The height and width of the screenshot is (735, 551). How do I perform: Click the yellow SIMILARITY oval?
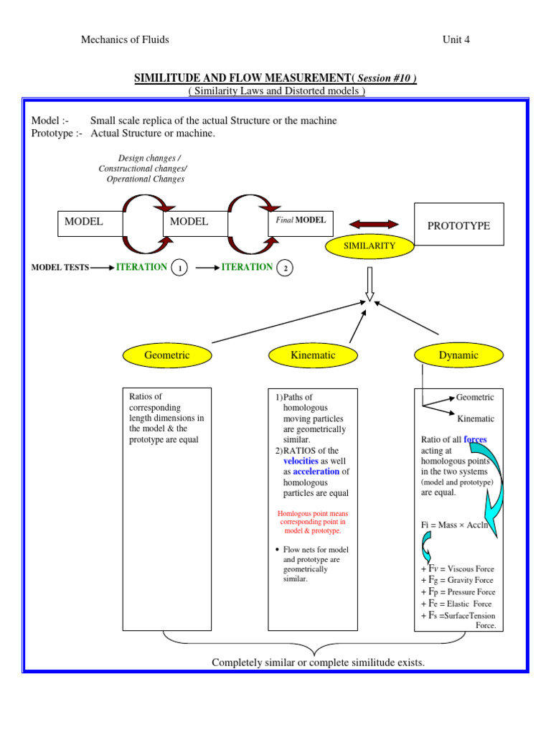(369, 245)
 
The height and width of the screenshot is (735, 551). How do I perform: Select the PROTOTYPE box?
(459, 225)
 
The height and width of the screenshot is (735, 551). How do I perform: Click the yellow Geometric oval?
(167, 355)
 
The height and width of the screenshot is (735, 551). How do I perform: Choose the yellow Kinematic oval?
(313, 355)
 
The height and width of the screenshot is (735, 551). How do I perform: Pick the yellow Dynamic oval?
(458, 355)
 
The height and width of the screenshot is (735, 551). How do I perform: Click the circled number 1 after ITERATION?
(179, 268)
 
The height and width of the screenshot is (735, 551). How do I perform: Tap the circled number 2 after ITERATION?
(285, 268)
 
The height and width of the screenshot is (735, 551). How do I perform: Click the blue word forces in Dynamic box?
(475, 439)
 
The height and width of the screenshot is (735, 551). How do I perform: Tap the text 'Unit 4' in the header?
(456, 39)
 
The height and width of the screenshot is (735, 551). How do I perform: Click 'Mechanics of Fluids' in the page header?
(125, 39)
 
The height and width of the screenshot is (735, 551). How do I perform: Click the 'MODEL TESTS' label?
(60, 268)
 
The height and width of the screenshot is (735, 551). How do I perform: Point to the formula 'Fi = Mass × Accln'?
(454, 525)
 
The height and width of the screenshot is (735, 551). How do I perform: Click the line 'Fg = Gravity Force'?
(457, 580)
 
